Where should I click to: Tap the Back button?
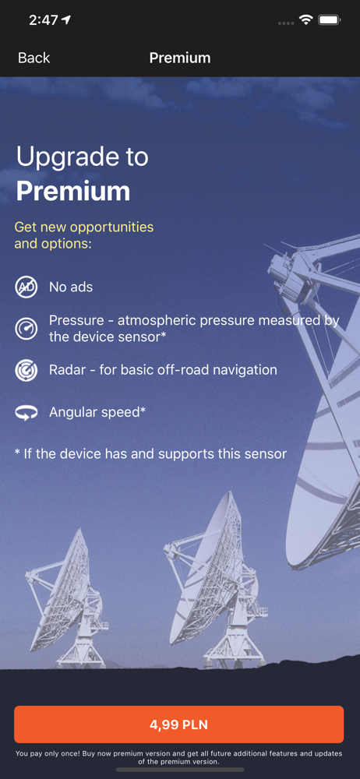[x=34, y=58]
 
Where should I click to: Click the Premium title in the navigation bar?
[x=180, y=58]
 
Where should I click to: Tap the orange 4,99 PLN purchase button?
[x=179, y=724]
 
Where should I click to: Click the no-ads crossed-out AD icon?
[x=26, y=287]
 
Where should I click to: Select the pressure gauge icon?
[x=26, y=329]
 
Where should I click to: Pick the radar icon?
[x=26, y=370]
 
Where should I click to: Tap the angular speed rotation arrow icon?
[x=26, y=412]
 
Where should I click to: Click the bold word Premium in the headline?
[x=73, y=191]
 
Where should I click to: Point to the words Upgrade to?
[x=82, y=157]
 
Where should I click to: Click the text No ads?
[x=71, y=287]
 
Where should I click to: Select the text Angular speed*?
[x=97, y=412]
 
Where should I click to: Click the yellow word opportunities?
[x=112, y=227]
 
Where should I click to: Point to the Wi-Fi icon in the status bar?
[x=305, y=20]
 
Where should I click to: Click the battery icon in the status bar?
[x=329, y=20]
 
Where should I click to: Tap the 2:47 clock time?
[x=43, y=20]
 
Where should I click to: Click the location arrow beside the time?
[x=65, y=20]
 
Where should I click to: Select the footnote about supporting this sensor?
[x=150, y=453]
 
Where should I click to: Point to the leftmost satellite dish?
[x=66, y=595]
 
